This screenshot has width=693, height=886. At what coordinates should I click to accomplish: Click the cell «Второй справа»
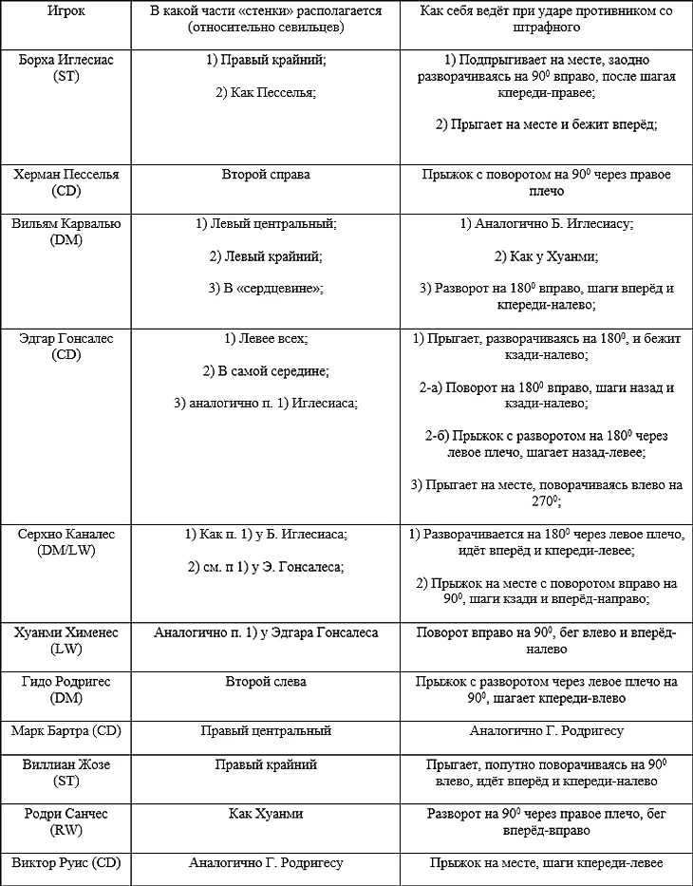[x=266, y=175]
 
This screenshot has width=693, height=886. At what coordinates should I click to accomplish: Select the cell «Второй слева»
[x=266, y=682]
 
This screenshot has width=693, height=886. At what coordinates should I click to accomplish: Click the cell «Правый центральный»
[x=266, y=731]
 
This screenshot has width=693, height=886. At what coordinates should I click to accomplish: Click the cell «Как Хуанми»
[x=266, y=814]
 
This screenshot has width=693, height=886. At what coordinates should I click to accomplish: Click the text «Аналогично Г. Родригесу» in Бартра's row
[x=545, y=731]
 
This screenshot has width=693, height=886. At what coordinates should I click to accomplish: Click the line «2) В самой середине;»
[x=266, y=370]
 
